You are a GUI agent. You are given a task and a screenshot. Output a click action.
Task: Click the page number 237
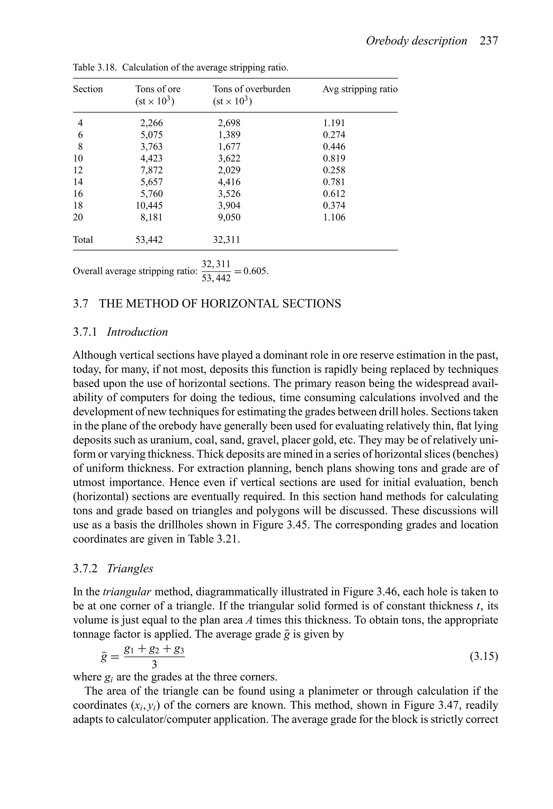coord(489,41)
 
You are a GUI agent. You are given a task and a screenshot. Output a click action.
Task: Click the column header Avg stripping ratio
coord(360,89)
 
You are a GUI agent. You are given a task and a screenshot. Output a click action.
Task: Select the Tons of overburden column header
coord(251,89)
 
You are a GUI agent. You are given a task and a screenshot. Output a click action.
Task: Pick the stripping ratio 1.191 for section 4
coord(334,123)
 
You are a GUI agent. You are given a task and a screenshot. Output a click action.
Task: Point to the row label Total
coord(83,239)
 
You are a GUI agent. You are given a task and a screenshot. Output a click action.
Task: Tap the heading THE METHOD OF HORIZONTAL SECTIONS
coord(220,304)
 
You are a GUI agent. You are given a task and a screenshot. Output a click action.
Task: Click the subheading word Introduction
coord(137,332)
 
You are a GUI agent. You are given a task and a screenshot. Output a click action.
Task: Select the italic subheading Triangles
coord(130,568)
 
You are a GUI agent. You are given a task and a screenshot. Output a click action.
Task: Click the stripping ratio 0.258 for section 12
coord(334,170)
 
